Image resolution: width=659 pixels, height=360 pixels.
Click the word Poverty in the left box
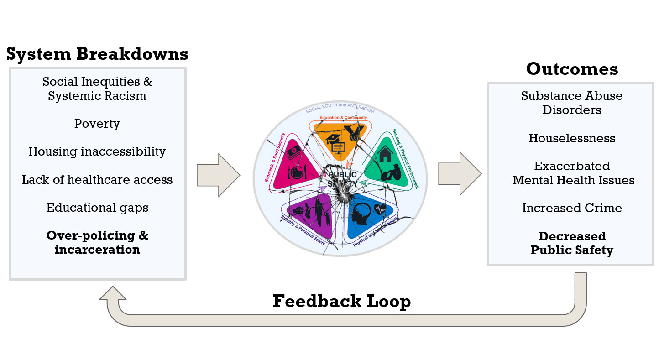[97, 124]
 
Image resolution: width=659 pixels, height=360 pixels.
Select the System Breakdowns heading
[97, 54]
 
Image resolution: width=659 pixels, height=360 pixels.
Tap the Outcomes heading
[572, 69]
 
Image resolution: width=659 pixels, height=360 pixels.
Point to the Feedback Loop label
[341, 301]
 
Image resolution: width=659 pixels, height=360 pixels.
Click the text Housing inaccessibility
[97, 152]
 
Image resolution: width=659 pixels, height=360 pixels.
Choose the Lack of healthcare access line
[97, 180]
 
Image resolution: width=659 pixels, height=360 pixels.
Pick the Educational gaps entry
[97, 208]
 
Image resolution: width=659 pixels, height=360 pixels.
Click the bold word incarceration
[97, 250]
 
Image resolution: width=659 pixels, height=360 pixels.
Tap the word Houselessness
[572, 138]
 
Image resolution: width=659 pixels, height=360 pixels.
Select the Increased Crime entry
[572, 208]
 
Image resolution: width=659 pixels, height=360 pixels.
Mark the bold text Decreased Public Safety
[572, 243]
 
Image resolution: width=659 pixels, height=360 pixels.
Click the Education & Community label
[343, 118]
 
